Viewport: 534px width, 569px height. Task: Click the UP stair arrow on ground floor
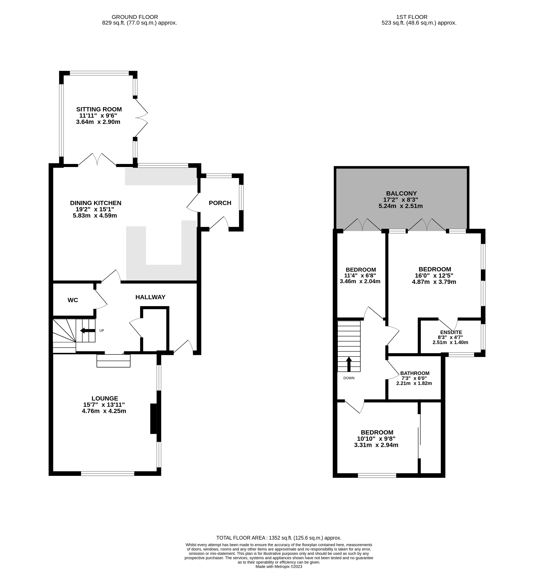click(88, 331)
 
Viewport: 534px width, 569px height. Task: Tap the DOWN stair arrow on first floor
click(349, 364)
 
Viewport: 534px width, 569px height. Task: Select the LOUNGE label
click(105, 398)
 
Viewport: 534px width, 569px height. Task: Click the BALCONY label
click(401, 193)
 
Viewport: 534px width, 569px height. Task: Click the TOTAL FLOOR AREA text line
click(279, 538)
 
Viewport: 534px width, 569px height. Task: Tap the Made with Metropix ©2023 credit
click(279, 566)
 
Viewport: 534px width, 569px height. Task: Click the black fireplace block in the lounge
click(153, 419)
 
